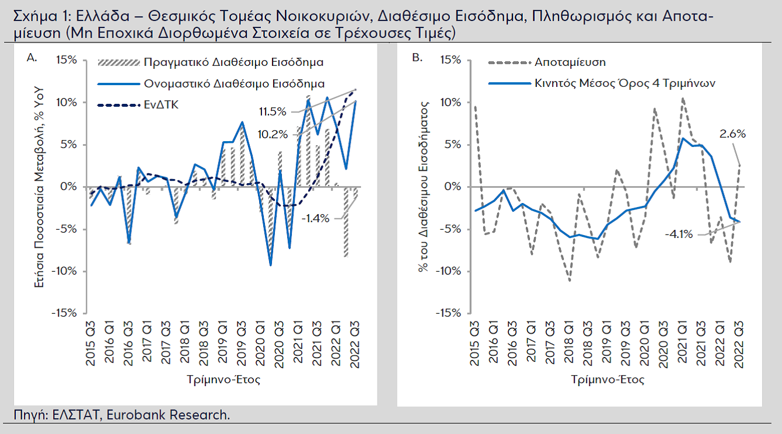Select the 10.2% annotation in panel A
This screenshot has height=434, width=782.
click(x=271, y=134)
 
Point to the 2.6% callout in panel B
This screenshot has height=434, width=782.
click(x=733, y=134)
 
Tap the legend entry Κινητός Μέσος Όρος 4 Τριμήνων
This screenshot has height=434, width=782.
click(x=624, y=83)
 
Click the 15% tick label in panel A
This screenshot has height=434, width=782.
click(x=66, y=60)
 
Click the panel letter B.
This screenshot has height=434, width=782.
click(x=417, y=57)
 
